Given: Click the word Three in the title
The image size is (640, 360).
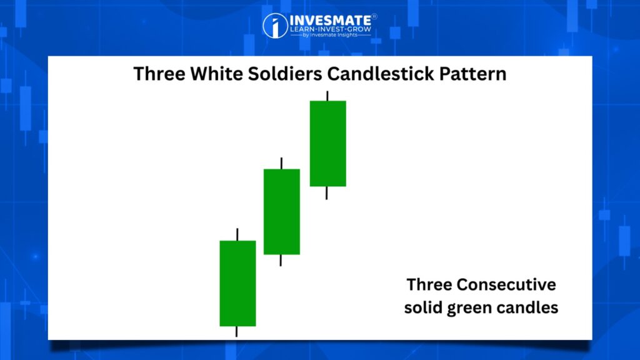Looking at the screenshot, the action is tap(159, 74).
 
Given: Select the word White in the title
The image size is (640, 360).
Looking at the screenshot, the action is tap(216, 74).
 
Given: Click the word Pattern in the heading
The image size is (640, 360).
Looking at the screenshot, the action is tap(473, 74).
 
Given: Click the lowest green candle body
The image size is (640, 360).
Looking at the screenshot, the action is tap(237, 283).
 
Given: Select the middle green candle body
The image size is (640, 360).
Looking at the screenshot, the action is tap(282, 211).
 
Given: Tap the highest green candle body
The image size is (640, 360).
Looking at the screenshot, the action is tap(327, 143).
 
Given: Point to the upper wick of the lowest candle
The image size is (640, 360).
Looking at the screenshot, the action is tap(237, 234).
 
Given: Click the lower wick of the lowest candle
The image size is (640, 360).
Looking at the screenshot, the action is tap(236, 331).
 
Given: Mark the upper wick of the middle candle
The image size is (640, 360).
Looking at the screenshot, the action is tap(281, 163).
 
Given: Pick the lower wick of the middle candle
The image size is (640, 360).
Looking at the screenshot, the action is tap(281, 261).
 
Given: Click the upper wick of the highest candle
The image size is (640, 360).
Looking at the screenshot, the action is tap(327, 96).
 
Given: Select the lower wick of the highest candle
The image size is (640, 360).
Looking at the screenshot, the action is tap(326, 193).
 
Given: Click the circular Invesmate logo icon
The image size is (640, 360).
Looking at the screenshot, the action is tap(275, 26).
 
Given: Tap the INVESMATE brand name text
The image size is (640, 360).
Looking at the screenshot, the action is tap(331, 20).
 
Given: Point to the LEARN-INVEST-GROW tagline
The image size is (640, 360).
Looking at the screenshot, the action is tap(331, 29).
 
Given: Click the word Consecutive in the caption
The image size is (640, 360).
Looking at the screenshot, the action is tap(506, 284).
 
